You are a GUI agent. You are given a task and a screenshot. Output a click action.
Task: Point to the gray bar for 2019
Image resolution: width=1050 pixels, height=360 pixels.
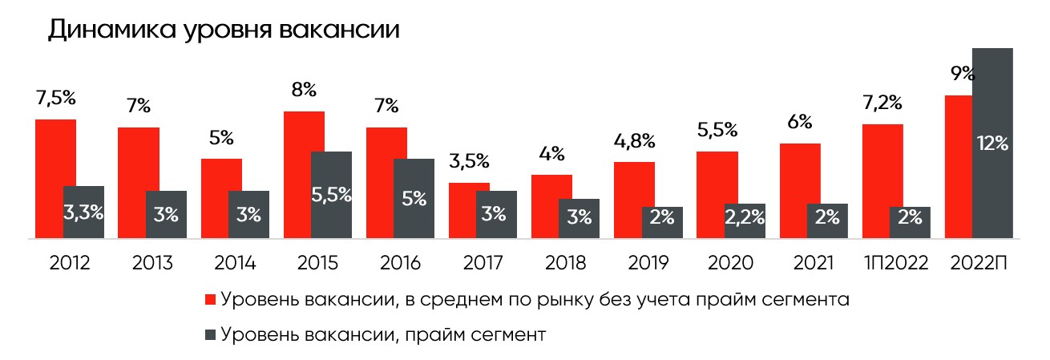coord(662,222)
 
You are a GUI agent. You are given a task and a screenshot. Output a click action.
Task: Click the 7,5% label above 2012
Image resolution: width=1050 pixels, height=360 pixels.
coord(55,99)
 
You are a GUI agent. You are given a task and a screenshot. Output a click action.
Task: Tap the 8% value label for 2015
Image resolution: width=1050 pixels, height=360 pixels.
coord(303,91)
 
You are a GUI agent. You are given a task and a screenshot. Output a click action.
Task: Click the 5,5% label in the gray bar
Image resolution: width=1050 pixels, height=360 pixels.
coord(331,197)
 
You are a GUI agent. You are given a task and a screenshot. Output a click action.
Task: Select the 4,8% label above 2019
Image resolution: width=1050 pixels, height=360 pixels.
coord(635,142)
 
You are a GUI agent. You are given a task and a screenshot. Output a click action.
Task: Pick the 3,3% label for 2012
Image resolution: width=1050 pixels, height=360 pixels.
coord(83,212)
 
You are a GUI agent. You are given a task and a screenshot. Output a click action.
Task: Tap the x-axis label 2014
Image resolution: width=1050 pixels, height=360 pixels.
coord(235,262)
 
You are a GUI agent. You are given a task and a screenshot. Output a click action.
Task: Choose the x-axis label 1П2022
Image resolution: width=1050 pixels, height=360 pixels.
coord(896,262)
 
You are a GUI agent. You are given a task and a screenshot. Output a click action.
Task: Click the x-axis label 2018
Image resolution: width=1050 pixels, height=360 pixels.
coord(565,262)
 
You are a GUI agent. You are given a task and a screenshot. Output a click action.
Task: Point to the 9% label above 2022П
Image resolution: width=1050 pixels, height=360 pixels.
coord(962,74)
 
